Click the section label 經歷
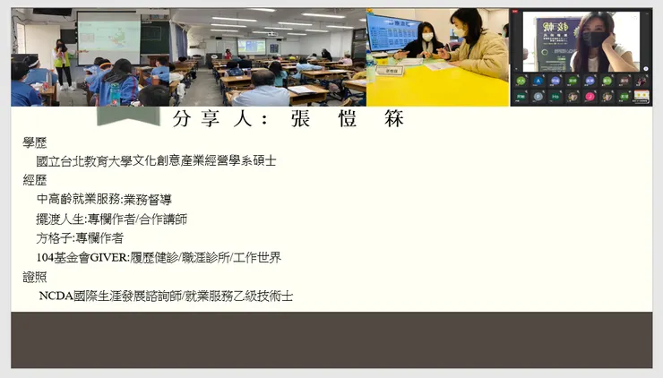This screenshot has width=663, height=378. click(35, 180)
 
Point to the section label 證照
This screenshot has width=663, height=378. click(35, 277)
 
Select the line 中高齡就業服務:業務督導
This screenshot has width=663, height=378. click(103, 200)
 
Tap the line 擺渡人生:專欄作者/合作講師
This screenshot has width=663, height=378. click(111, 219)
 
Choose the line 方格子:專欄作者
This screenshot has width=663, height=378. click(80, 237)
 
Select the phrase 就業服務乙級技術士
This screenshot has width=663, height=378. click(238, 296)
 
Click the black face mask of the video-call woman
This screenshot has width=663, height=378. click(592, 40)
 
